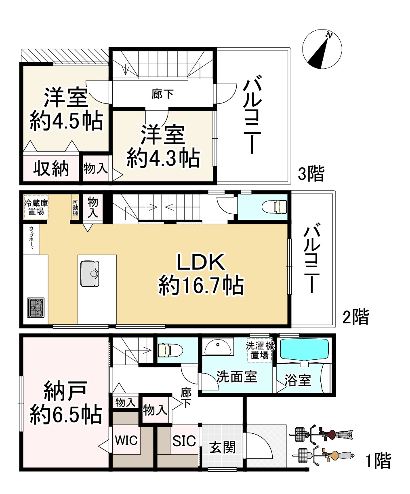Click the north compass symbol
(322, 49)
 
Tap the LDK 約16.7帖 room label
(201, 274)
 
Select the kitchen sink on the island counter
(90, 274)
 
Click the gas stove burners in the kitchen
(36, 307)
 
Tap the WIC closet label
(126, 440)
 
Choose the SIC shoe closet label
(184, 440)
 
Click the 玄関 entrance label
(222, 447)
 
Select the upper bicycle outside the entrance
(323, 435)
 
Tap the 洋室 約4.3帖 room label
(163, 146)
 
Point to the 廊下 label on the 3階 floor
(162, 94)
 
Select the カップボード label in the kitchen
(31, 239)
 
